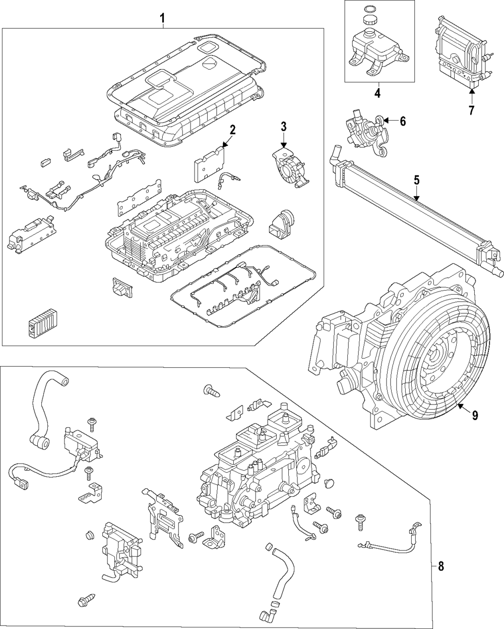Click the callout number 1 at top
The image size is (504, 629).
pos(162,19)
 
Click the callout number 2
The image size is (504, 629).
pos(232,130)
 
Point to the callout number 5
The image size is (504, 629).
pos(417,180)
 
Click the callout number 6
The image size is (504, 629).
pos(402,121)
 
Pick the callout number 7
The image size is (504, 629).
pos(471,110)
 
